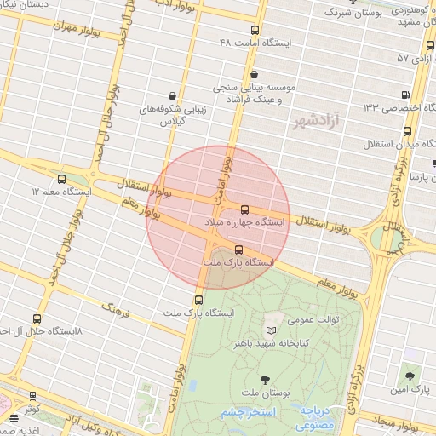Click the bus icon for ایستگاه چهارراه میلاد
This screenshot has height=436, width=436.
245,209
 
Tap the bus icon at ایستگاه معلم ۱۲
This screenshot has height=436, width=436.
61,179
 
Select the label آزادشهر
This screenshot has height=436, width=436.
314,122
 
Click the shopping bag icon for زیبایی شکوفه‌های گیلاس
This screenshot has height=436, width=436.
174,95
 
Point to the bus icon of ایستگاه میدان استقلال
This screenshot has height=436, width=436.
408,131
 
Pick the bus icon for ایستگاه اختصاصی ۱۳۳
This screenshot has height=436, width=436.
405,95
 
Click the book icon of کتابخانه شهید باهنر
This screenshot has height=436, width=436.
271,330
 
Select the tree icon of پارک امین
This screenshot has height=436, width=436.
410,376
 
